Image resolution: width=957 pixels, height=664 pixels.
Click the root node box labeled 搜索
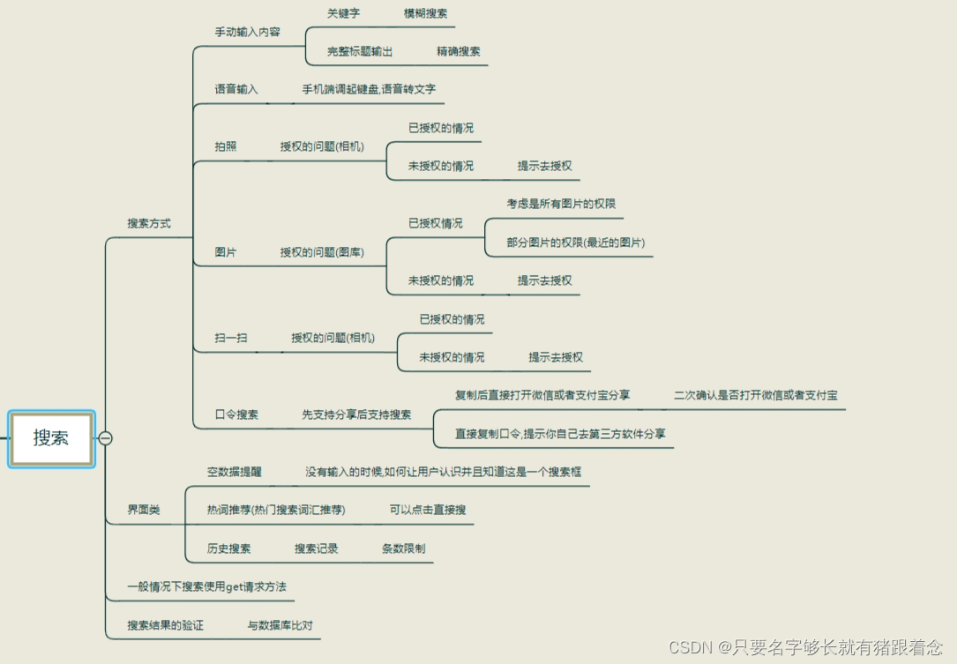click(51, 438)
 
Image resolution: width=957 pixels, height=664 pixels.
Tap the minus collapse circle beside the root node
click(105, 438)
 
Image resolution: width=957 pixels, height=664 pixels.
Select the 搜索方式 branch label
click(148, 223)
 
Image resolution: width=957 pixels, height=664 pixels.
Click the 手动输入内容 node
click(247, 32)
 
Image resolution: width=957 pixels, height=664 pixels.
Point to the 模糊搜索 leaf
click(425, 13)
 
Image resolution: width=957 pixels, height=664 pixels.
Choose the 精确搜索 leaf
click(459, 51)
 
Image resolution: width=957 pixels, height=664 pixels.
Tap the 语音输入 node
click(236, 89)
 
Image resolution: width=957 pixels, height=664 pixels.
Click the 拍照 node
click(226, 146)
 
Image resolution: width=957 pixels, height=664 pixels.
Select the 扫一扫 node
click(231, 338)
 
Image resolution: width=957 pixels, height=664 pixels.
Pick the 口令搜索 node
click(236, 414)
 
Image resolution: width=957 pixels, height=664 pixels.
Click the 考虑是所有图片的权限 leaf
click(561, 204)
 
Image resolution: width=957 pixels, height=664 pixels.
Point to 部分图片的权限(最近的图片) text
click(575, 242)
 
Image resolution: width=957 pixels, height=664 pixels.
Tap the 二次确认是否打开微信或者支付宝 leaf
click(756, 395)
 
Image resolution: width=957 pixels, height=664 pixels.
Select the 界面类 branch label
click(144, 510)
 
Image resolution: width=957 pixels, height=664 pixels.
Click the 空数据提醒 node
click(234, 472)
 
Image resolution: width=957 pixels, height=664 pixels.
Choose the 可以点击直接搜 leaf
click(428, 510)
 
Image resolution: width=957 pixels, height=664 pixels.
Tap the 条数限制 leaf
click(403, 548)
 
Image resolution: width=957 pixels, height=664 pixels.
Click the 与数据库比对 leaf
click(280, 625)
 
